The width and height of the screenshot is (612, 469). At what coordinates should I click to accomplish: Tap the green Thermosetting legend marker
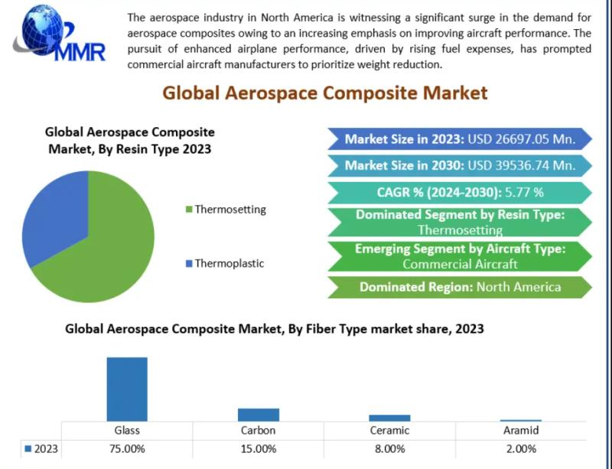189,209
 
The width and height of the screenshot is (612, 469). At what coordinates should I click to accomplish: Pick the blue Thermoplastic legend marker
189,264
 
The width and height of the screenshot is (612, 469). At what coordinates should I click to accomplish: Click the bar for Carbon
259,414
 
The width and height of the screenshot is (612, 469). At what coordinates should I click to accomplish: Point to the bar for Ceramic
389,418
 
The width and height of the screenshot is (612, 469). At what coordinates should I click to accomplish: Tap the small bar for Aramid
521,420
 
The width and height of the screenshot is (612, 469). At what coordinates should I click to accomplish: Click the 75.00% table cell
127,448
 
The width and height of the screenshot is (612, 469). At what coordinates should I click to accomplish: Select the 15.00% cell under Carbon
259,448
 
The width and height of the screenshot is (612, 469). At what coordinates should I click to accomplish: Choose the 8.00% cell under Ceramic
389,448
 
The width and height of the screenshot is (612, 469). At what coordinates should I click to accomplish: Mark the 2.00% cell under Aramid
521,448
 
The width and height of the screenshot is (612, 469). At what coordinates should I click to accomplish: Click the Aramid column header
521,430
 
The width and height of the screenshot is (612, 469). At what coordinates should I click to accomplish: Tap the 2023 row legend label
45,448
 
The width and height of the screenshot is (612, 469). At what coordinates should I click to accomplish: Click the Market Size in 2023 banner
459,139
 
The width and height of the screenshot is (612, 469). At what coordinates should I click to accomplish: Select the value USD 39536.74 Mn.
520,165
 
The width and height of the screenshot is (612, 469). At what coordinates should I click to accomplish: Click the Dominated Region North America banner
459,287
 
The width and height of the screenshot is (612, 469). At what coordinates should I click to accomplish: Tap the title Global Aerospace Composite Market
324,93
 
